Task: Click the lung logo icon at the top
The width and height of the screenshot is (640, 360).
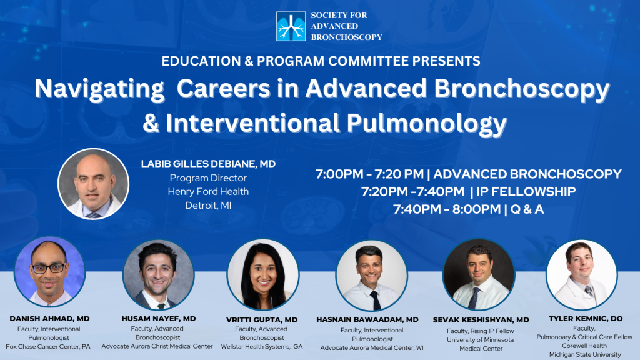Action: pos(291,26)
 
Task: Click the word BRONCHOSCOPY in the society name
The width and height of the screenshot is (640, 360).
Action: pos(346,37)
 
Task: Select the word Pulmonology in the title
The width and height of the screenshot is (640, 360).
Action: pos(427,123)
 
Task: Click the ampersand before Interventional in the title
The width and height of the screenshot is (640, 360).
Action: pos(151,123)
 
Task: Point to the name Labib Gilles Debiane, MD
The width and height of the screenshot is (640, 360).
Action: pos(208,164)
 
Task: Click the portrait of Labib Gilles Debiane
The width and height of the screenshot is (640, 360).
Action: pos(94,184)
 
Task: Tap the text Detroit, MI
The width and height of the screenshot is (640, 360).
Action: pos(208,205)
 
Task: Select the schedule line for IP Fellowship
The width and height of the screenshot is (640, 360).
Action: pos(469,191)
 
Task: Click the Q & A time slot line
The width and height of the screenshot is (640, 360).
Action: pos(469,209)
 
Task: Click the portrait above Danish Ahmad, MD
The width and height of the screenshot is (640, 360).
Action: pos(49,272)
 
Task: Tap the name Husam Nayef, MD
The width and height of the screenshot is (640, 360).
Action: pos(158,319)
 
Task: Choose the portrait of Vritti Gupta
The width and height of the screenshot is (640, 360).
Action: pos(263,275)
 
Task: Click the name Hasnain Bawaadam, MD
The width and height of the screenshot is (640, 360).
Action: pos(367,319)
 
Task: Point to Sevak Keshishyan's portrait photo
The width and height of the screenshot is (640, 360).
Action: pos(479,275)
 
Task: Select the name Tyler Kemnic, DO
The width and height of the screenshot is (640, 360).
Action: pos(586,319)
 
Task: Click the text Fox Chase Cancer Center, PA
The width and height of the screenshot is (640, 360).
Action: pos(48,346)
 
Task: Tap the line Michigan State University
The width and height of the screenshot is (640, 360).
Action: pos(585,355)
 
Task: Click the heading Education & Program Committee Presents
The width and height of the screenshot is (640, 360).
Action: pos(321,61)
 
